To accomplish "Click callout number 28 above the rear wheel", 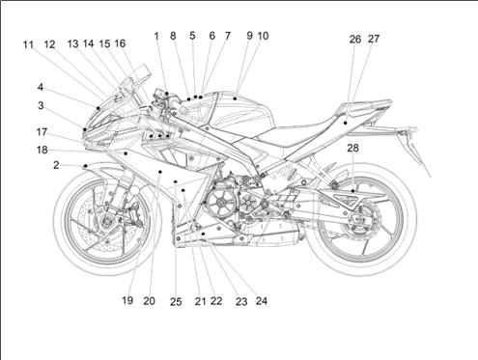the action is point(352,148).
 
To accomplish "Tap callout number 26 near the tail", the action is point(355,40).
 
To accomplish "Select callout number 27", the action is point(374,39).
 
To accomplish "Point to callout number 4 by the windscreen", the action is point(41,87).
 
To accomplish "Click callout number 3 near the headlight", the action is point(41,105).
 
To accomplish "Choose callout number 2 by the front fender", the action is point(56,165).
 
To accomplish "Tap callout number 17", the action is point(42,132).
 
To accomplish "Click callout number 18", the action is point(42,150).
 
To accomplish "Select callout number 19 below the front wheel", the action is point(127,300).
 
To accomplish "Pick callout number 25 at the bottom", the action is point(176,302).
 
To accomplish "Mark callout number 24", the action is point(262,301).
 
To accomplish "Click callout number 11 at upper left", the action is point(28,44).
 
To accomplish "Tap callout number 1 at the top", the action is point(156,36).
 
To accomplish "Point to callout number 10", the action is point(263,36).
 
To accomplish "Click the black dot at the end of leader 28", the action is point(353,191).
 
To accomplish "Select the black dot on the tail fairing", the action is point(345,123).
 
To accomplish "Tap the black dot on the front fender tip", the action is point(85,166).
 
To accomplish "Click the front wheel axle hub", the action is point(105,221).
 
